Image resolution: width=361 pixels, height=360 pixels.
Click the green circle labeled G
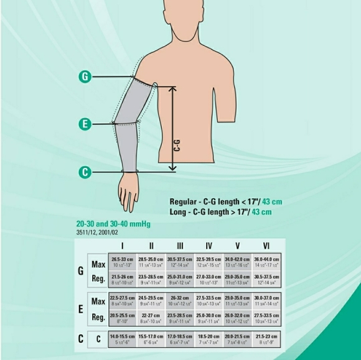click(x=86, y=76)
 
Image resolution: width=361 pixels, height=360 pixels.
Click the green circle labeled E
click(x=86, y=124)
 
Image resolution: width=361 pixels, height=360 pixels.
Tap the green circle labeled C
click(x=86, y=171)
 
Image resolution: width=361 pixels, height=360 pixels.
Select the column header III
click(x=180, y=246)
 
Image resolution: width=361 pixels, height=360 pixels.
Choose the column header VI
click(x=266, y=246)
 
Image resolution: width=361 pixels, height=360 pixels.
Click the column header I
click(x=123, y=246)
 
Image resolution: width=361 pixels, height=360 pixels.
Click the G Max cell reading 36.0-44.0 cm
click(x=266, y=262)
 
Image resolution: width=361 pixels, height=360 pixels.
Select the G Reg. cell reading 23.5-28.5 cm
click(x=151, y=279)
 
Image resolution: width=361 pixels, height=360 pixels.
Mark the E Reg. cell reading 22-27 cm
click(x=151, y=318)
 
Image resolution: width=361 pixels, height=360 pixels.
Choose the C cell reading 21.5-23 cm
click(x=266, y=339)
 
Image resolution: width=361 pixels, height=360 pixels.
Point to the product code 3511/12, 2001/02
click(x=97, y=232)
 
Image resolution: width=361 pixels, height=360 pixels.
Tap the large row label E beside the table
click(x=80, y=309)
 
